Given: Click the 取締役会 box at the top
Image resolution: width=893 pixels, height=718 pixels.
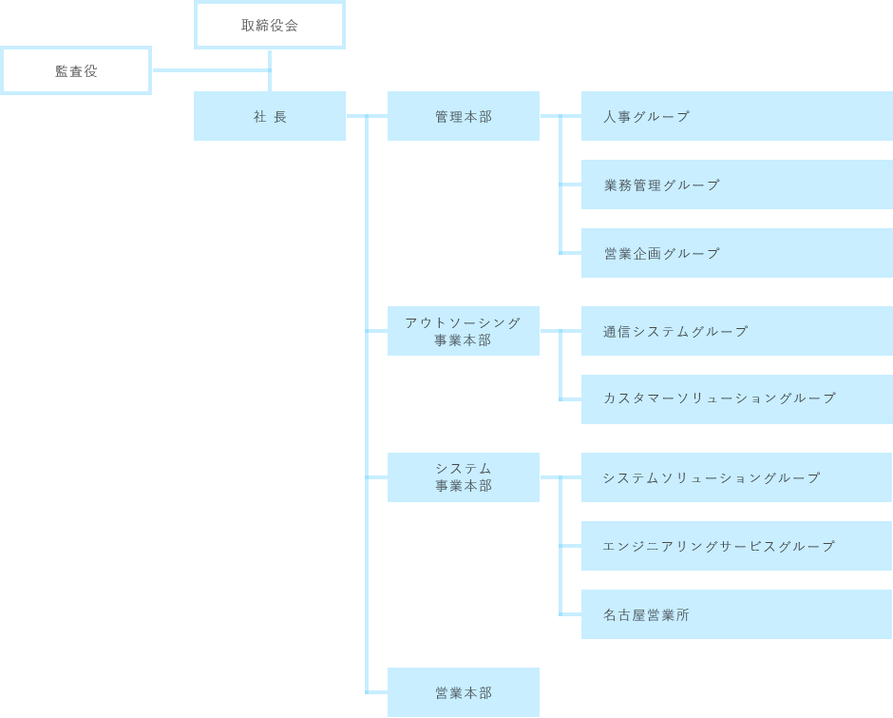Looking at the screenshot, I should click(269, 26).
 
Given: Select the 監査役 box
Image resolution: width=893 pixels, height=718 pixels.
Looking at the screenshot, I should click(76, 70).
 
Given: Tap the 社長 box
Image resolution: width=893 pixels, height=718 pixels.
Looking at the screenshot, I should click(269, 116).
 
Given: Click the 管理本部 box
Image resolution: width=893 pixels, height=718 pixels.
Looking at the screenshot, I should click(463, 116).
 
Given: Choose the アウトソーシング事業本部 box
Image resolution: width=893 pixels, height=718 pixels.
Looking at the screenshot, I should click(463, 331).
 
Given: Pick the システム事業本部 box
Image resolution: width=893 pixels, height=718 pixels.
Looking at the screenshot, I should click(463, 477).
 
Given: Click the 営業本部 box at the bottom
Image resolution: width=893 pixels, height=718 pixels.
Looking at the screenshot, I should click(463, 692).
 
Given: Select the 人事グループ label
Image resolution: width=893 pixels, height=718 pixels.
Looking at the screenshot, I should click(646, 116).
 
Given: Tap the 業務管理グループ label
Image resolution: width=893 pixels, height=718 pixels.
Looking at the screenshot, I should click(661, 184).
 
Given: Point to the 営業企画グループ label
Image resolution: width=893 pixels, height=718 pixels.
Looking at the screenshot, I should click(661, 253).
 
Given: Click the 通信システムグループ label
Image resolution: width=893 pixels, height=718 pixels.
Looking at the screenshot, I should click(675, 331).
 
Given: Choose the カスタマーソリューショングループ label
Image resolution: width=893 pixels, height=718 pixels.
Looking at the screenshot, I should click(719, 398).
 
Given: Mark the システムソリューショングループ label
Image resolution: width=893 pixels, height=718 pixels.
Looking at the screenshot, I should click(711, 477).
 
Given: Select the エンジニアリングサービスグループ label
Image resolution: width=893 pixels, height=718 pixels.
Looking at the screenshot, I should click(718, 546).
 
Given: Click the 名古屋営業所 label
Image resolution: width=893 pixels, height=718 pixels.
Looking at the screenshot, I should click(646, 614).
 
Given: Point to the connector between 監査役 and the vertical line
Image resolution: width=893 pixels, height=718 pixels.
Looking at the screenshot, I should click(209, 68).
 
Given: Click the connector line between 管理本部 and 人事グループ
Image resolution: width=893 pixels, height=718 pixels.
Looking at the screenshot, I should click(560, 116).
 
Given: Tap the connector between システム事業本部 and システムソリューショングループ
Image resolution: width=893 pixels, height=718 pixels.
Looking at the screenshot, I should click(560, 477).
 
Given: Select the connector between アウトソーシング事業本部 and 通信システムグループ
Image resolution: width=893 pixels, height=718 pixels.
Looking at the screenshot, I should click(560, 331).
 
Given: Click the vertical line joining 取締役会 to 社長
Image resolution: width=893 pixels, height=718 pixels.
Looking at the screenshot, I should click(270, 69).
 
